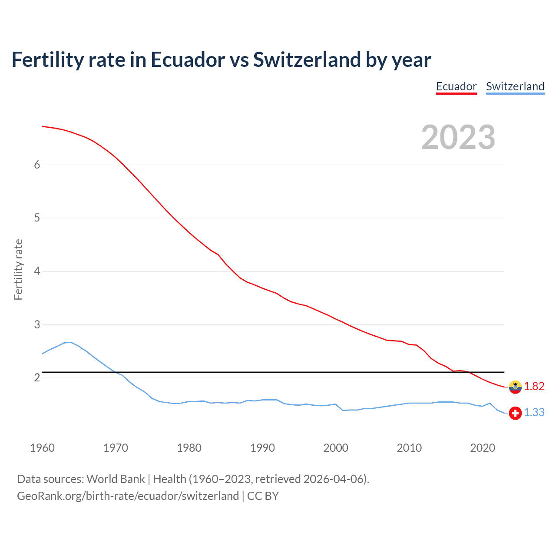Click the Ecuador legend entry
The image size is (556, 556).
[456, 86]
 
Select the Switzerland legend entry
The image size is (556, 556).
[515, 86]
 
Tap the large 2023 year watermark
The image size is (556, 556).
[458, 137]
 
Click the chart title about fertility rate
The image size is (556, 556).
[221, 60]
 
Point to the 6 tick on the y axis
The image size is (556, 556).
[37, 165]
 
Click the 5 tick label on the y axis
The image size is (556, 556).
[37, 218]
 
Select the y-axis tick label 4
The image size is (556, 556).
[37, 271]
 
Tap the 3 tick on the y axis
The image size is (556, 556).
[37, 324]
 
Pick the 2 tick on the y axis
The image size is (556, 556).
[37, 377]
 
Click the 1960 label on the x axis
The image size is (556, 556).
[42, 448]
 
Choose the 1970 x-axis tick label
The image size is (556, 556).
[116, 448]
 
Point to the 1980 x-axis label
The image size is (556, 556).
[189, 448]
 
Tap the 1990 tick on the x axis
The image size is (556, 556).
[262, 448]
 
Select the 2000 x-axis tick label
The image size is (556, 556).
[336, 448]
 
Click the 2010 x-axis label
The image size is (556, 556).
[409, 448]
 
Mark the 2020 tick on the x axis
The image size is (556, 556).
[483, 448]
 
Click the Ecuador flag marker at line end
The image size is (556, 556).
[515, 387]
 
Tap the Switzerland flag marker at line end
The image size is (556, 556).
[515, 413]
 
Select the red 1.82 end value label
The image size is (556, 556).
[534, 386]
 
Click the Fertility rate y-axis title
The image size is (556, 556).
[18, 269]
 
